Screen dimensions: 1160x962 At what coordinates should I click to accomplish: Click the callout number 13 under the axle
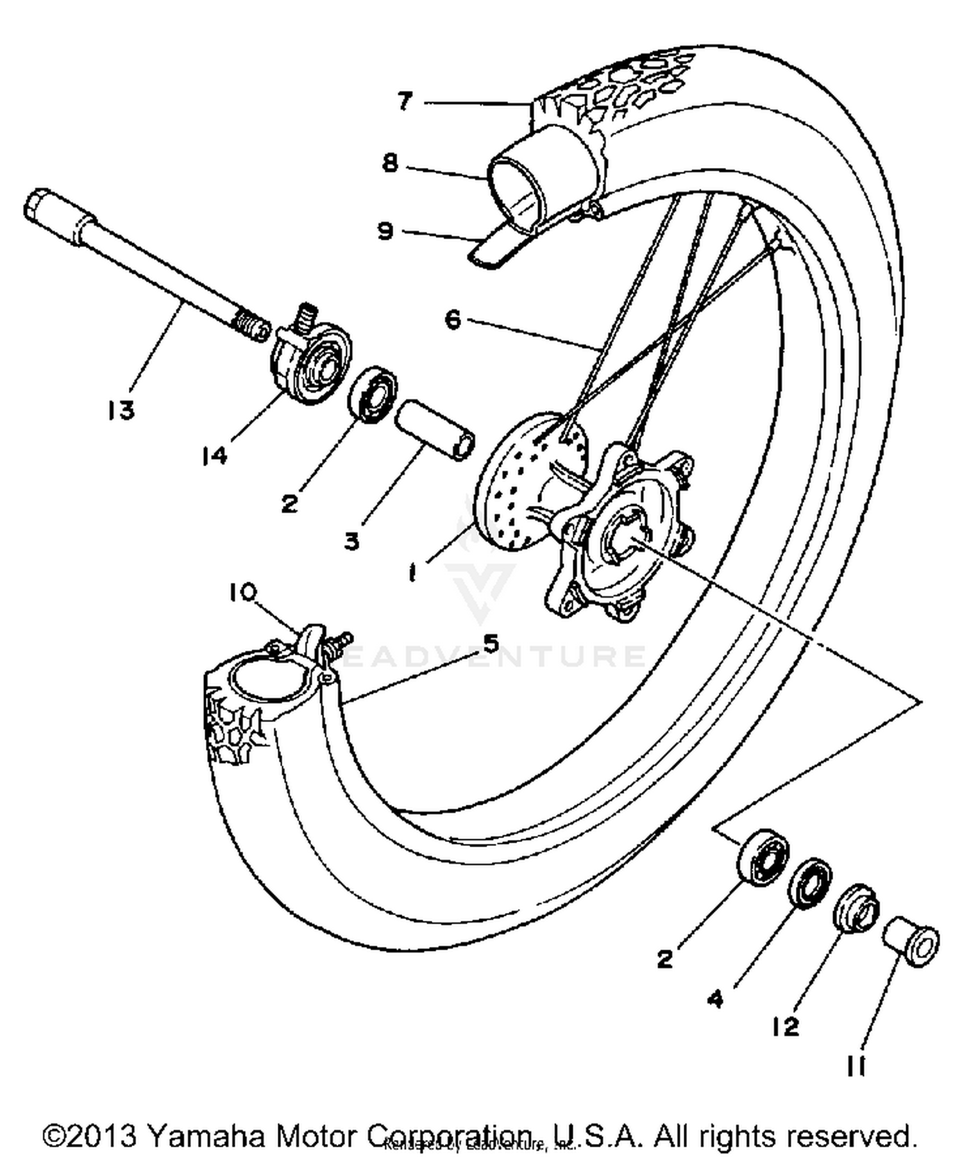coord(121,410)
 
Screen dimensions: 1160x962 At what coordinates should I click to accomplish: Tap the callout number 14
coord(214,456)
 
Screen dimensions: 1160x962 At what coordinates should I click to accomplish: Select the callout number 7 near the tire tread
coord(405,101)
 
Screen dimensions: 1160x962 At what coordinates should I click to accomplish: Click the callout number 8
coord(390,163)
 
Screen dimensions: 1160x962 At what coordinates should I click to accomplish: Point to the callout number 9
coord(385,230)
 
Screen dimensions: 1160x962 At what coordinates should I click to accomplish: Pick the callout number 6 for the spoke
coord(453,319)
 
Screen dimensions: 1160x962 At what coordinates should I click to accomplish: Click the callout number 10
coord(242,592)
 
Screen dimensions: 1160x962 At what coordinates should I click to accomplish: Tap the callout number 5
coord(491,643)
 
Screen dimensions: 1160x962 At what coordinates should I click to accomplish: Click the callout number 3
coord(351,541)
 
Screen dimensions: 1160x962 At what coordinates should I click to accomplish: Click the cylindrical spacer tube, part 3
coord(434,430)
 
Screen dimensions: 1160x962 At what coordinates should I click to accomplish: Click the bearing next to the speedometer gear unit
coord(372,394)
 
